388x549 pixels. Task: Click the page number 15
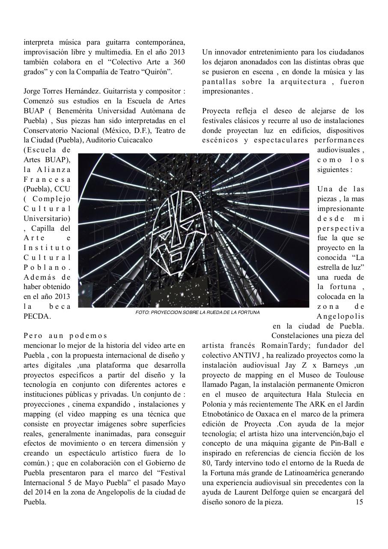(359, 502)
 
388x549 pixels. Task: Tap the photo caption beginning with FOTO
(197, 312)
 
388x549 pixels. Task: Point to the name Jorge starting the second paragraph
(33, 91)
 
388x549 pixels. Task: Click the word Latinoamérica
(286, 473)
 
